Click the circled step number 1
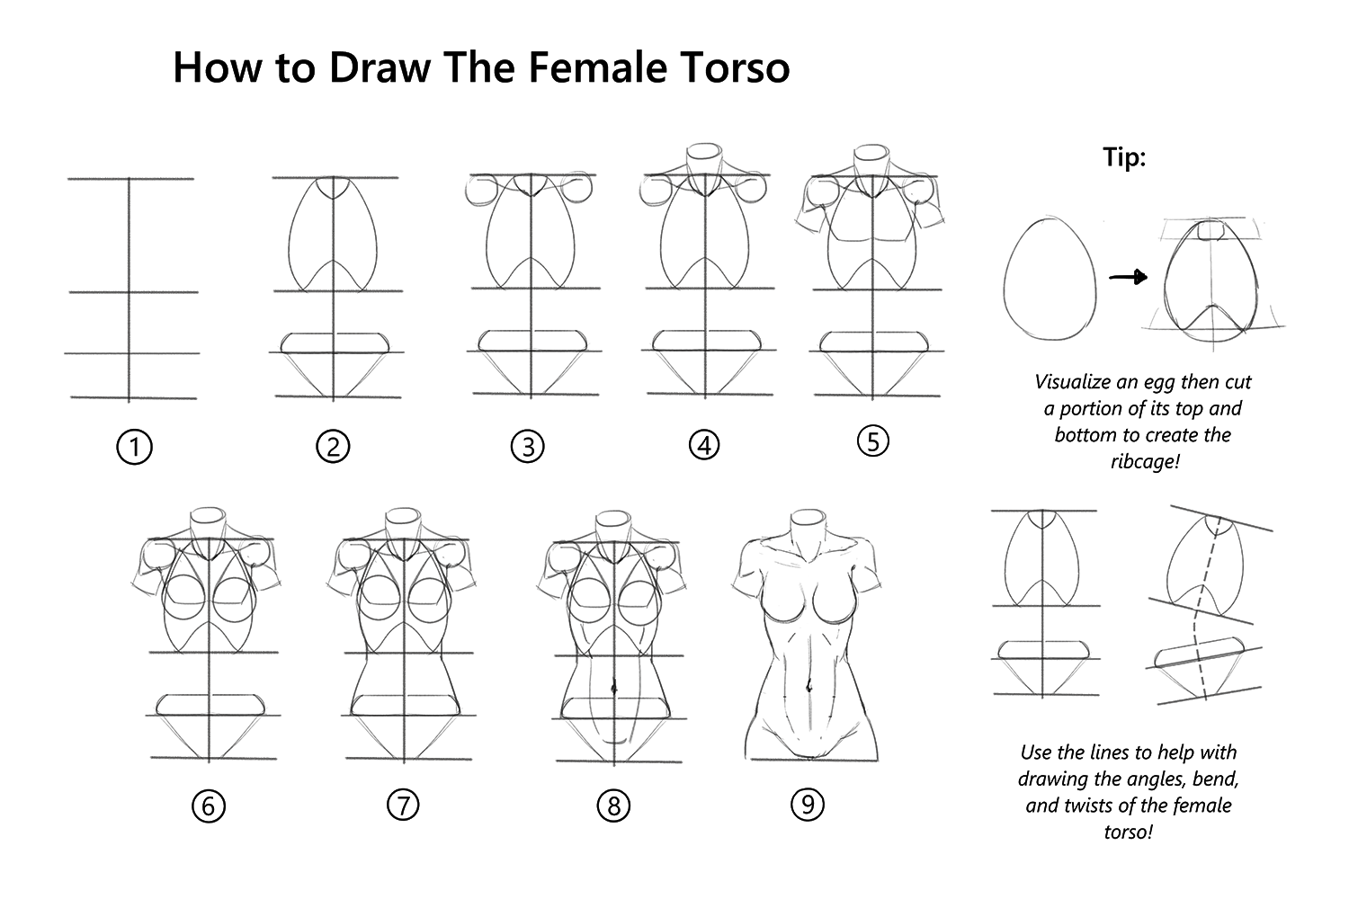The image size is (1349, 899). pos(134,447)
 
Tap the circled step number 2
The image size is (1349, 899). pos(333,447)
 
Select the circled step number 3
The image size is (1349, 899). pos(527,447)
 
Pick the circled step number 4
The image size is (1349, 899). pos(704,445)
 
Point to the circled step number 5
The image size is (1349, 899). pos(872,441)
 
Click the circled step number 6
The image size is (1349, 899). pos(208,806)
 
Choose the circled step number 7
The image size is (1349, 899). pos(403,806)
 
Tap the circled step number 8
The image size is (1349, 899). pos(613,806)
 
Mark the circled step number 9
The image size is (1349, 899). pos(807,805)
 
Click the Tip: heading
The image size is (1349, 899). pos(1124,158)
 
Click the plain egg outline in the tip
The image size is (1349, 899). pos(1050,279)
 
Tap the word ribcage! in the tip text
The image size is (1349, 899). pos(1142,461)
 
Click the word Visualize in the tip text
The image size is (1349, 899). pos(1073,381)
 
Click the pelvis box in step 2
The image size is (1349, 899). pos(335,343)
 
